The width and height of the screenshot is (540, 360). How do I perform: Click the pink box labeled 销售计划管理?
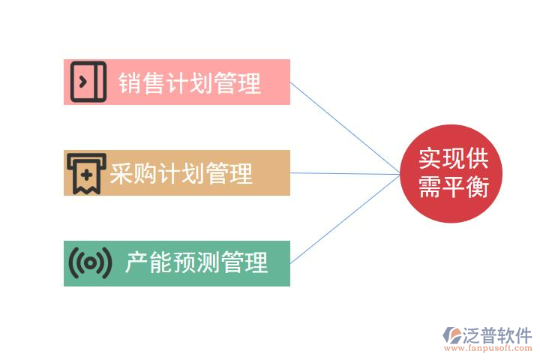coord(177,82)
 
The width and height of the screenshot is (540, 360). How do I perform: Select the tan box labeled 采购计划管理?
coord(177,172)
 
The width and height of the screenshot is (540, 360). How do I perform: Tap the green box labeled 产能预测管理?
coord(177,263)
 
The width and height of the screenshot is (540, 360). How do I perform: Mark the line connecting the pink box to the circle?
coord(345,128)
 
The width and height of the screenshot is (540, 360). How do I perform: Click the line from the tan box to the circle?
coord(345,174)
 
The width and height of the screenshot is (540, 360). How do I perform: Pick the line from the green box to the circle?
coord(345,219)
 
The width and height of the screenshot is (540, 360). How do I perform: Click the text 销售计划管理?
coord(190,83)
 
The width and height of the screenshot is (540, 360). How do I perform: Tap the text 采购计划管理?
coord(181,174)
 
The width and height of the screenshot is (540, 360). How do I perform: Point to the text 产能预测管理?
coord(196,263)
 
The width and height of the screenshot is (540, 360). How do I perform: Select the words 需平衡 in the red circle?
coord(453,187)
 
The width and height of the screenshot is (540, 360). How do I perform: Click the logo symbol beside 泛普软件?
coord(453,336)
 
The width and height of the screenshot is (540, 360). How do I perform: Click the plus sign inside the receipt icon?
coord(86,174)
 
